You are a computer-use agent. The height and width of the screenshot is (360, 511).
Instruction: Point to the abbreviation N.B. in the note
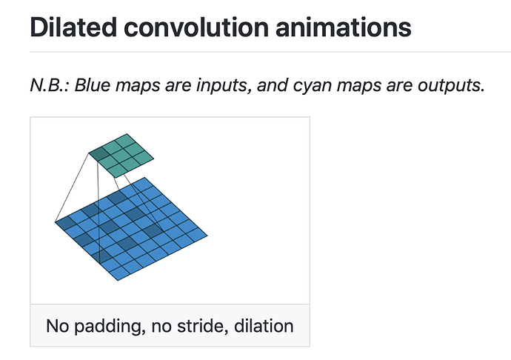point(50,85)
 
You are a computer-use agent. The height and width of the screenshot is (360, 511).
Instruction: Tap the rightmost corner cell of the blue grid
point(198,233)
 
